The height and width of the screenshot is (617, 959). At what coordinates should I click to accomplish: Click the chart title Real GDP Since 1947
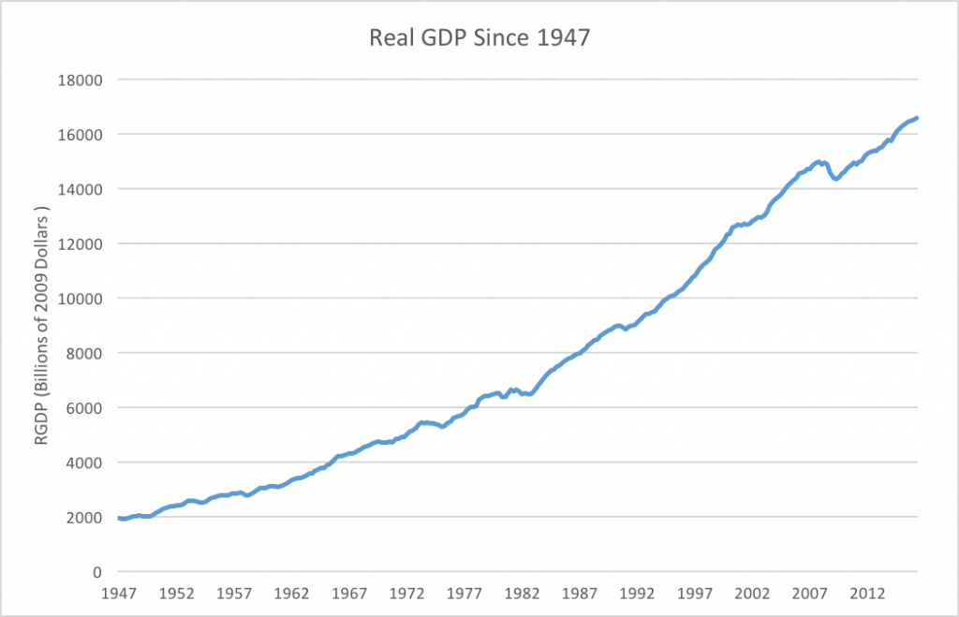click(479, 39)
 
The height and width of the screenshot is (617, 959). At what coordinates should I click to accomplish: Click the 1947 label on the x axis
click(119, 594)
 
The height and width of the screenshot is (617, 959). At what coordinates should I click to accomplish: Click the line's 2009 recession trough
click(836, 178)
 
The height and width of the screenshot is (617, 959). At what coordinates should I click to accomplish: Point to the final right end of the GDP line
click(916, 117)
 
